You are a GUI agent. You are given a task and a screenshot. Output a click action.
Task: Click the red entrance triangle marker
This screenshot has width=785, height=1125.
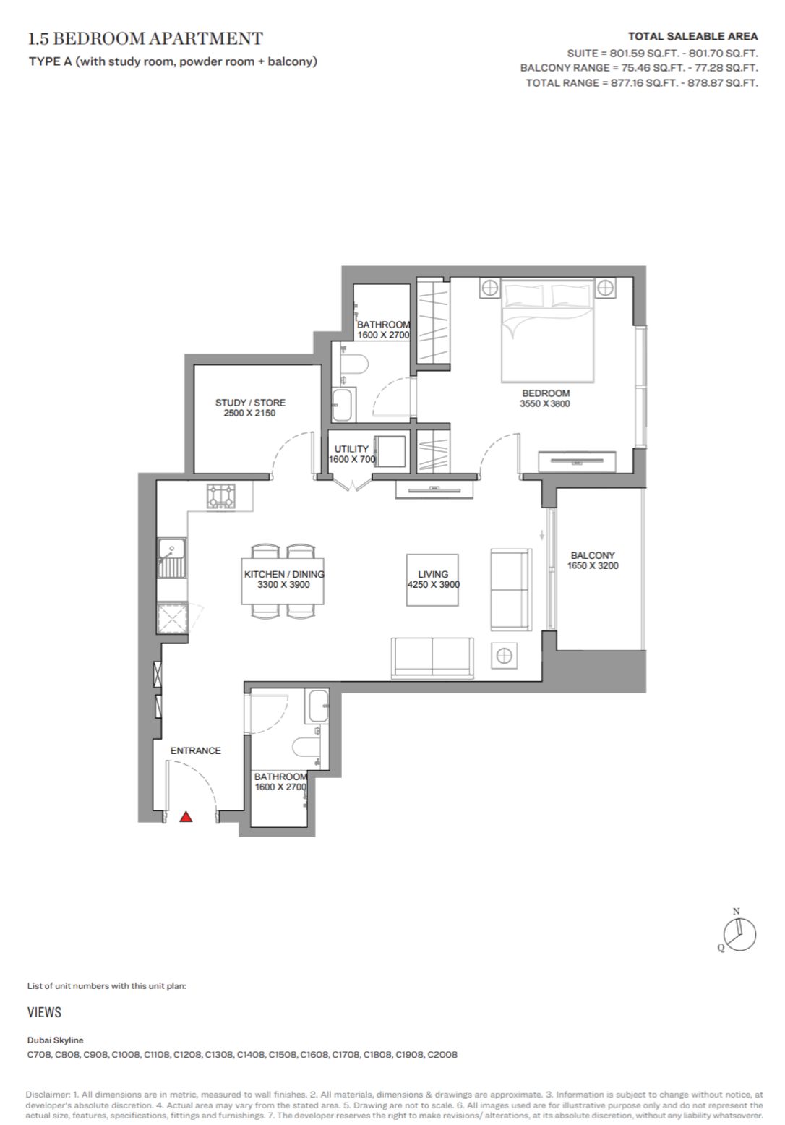(x=186, y=817)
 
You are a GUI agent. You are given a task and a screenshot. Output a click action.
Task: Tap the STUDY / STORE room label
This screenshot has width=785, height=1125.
(x=250, y=403)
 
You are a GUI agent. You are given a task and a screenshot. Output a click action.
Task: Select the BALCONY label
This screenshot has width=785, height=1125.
(x=593, y=555)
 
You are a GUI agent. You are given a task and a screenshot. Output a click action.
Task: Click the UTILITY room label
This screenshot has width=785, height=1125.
(x=351, y=449)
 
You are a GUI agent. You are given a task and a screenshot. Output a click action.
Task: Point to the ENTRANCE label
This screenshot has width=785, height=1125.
(x=195, y=750)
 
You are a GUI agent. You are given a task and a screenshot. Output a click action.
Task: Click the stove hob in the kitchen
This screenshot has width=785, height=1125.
(x=221, y=496)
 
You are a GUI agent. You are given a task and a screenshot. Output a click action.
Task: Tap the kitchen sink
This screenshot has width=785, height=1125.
(x=172, y=558)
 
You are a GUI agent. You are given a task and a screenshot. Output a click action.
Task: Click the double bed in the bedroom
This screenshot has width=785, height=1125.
(x=547, y=330)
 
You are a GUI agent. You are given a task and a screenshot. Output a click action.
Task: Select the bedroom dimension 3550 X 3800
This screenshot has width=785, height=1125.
(x=545, y=403)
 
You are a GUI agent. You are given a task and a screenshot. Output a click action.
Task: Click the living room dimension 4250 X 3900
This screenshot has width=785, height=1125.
(x=434, y=585)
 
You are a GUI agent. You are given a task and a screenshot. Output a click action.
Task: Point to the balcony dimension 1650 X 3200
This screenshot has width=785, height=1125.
(x=593, y=566)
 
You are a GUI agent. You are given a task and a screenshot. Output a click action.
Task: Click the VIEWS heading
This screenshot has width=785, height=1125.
(x=44, y=1012)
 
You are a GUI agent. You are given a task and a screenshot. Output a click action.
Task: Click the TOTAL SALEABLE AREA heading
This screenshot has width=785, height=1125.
(x=692, y=37)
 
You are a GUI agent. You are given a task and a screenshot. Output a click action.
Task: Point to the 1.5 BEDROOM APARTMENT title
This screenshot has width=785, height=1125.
(x=145, y=38)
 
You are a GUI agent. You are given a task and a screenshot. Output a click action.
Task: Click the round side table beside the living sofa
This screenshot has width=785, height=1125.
(x=505, y=656)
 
